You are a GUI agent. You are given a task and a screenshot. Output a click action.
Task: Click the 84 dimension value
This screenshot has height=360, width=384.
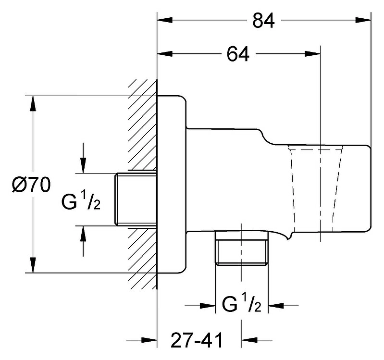click(263, 21)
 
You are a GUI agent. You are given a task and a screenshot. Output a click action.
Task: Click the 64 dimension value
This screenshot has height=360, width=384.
click(238, 54)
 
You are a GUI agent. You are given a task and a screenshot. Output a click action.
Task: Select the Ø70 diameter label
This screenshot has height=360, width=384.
click(31, 185)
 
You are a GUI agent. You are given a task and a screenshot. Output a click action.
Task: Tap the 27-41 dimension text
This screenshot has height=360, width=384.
click(197, 340)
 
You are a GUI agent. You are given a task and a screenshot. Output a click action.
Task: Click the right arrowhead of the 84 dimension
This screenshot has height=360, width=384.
click(363, 20)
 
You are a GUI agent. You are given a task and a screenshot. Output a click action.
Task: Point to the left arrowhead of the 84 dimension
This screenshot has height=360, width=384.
click(165, 20)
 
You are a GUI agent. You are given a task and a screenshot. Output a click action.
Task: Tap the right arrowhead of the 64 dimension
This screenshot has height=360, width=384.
click(312, 54)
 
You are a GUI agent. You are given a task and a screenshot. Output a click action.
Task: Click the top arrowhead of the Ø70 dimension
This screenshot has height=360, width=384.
click(33, 104)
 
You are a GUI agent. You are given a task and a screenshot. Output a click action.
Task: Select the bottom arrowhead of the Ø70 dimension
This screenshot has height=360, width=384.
click(33, 265)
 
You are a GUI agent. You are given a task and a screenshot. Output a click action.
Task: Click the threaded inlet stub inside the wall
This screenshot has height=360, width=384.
click(136, 199)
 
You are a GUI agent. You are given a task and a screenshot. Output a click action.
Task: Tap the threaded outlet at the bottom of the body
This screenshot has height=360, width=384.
click(241, 248)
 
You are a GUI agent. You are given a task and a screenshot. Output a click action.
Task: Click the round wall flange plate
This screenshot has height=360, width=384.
click(172, 184)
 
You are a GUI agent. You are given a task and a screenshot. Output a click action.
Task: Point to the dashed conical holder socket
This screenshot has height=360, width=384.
click(316, 188)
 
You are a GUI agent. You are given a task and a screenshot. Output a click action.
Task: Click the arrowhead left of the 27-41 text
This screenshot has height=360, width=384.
click(149, 340)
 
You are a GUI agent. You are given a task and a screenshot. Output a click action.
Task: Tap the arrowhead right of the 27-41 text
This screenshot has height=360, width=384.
click(249, 340)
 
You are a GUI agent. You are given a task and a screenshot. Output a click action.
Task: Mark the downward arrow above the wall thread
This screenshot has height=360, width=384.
click(84, 158)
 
